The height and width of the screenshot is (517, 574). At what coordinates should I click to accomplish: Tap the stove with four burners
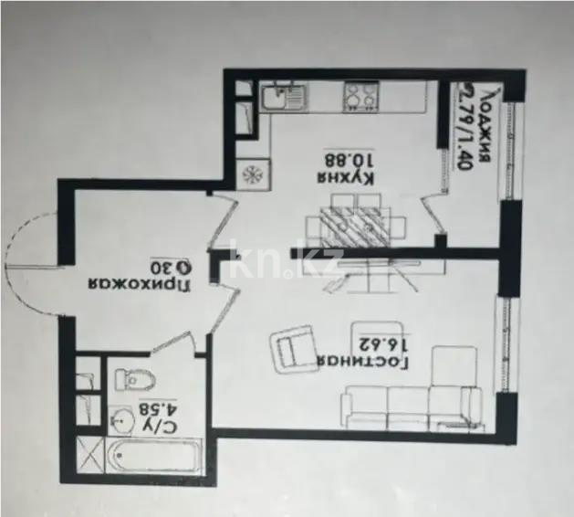(x=360, y=95)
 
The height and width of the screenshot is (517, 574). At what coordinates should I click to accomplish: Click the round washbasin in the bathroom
(x=122, y=419)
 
